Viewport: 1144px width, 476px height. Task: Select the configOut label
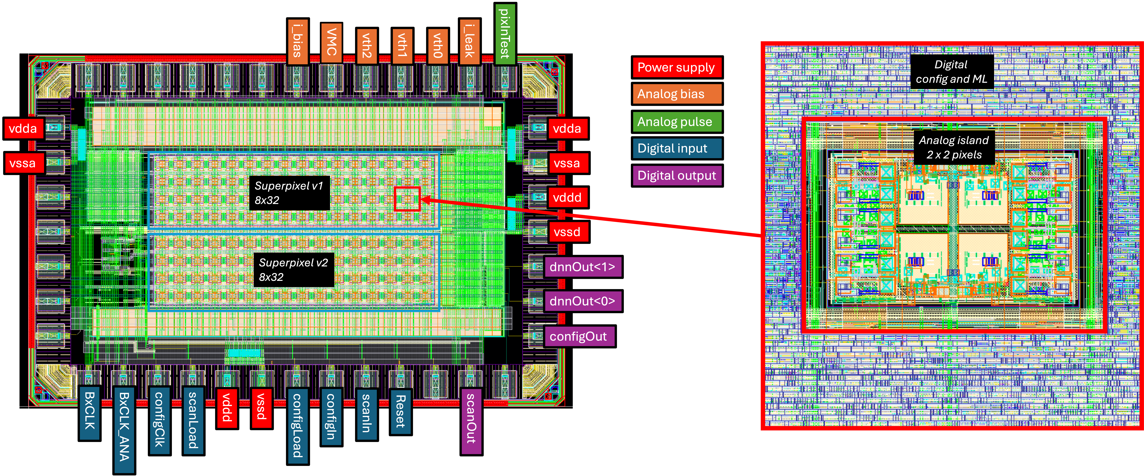pyautogui.click(x=578, y=336)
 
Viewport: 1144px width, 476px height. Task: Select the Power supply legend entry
pyautogui.click(x=676, y=68)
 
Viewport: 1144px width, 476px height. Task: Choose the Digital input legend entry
pyautogui.click(x=676, y=148)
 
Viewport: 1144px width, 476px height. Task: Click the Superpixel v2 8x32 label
pyautogui.click(x=293, y=270)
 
